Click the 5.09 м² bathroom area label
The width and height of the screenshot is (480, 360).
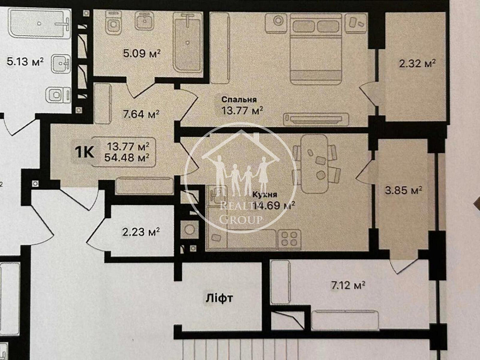(x=142, y=52)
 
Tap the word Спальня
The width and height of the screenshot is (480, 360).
(x=239, y=100)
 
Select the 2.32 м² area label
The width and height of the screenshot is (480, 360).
(x=417, y=63)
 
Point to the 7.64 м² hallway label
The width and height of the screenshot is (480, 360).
(x=141, y=114)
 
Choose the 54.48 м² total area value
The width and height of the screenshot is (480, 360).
(x=128, y=156)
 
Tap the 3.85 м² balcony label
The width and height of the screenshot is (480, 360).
(x=403, y=191)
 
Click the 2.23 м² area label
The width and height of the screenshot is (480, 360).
(x=141, y=232)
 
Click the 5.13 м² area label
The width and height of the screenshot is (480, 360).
(x=25, y=61)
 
